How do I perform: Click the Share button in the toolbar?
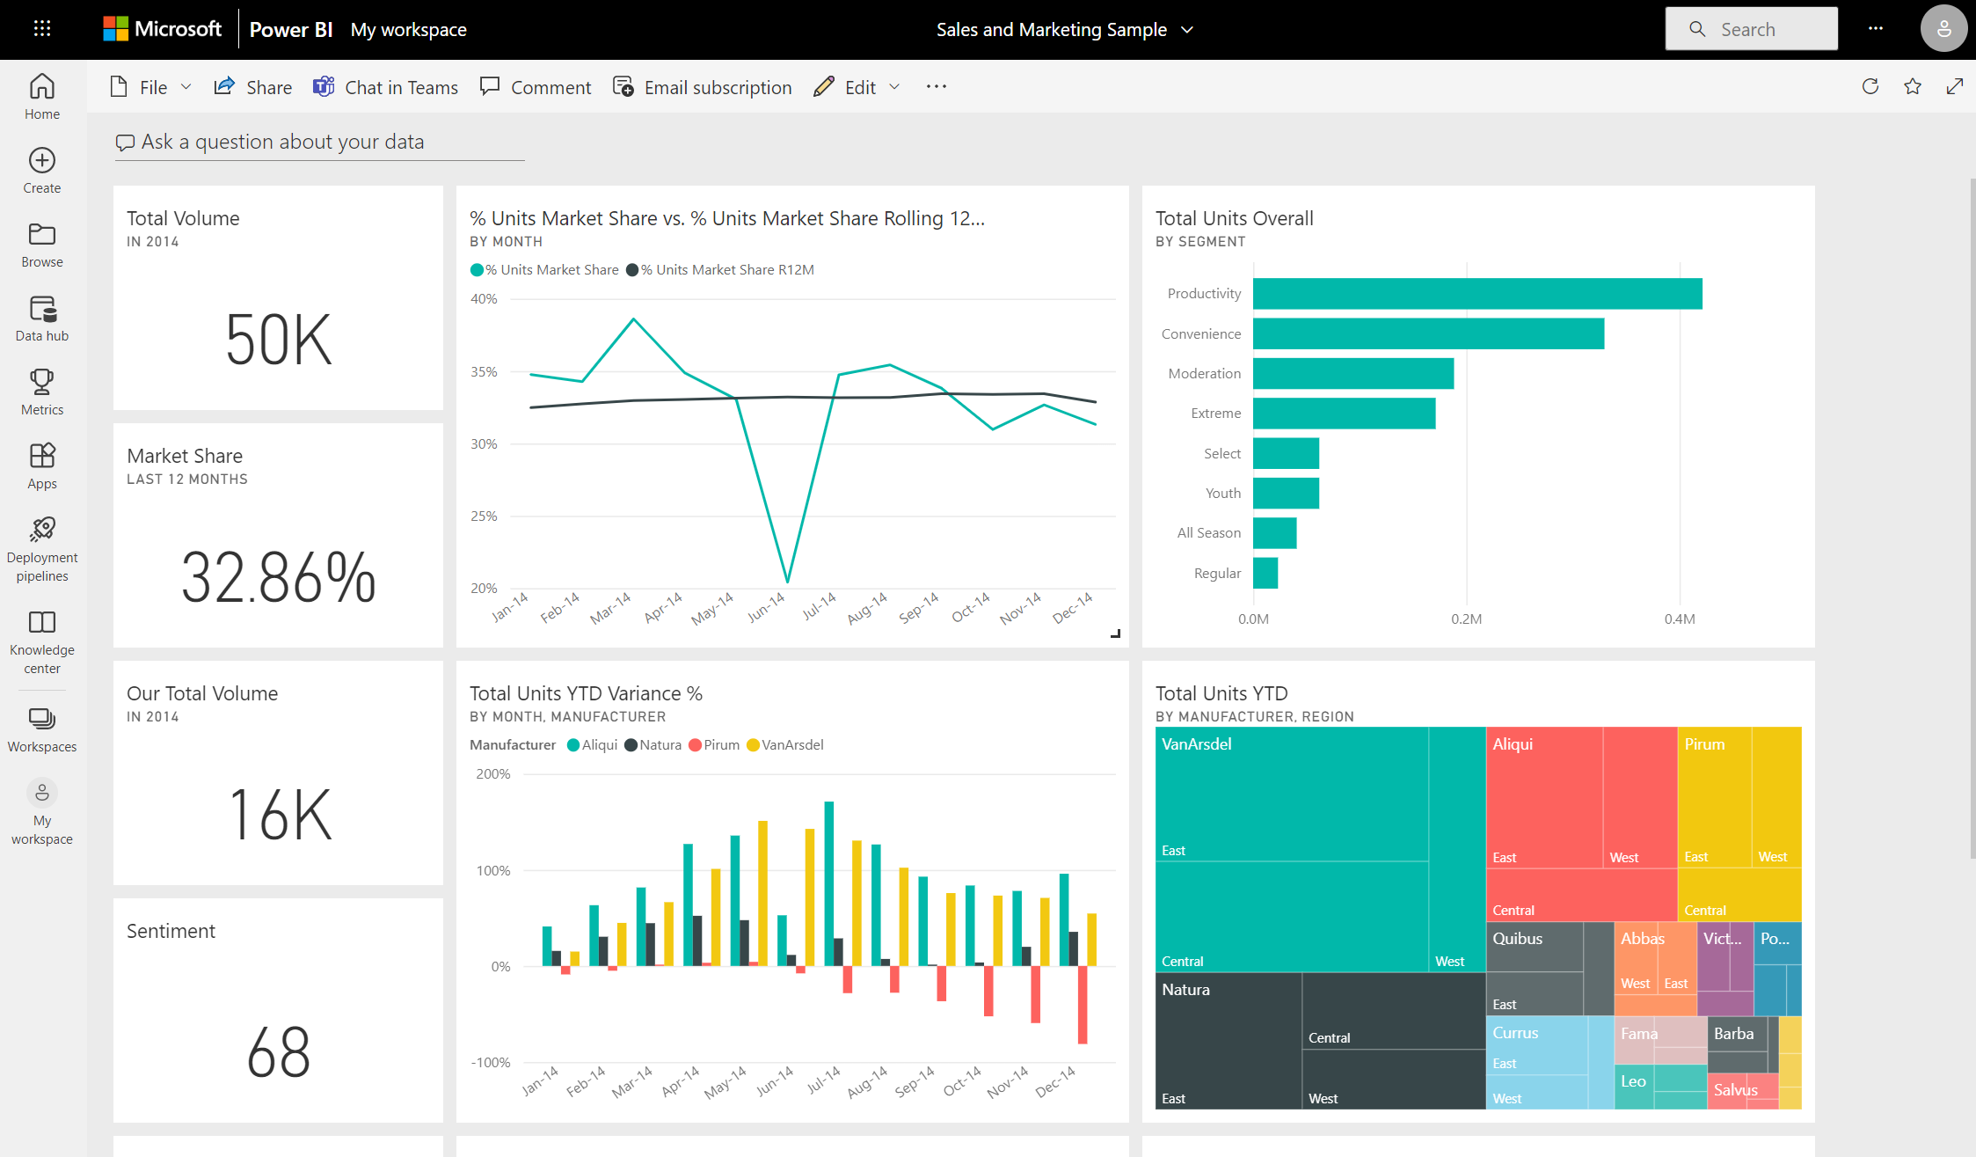253,87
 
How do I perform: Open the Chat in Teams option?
386,87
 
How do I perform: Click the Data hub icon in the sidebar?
42,311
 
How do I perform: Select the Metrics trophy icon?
42,383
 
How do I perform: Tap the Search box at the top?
1750,29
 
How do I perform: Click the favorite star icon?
1912,86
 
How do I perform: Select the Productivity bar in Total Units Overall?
1477,294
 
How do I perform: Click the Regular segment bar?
1265,573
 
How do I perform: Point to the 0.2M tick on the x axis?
1466,619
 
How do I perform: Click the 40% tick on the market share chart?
484,299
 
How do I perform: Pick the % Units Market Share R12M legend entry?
721,270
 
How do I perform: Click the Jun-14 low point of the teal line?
787,581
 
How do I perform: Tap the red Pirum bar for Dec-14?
1083,1005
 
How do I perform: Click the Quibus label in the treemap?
1517,939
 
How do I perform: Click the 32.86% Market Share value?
278,578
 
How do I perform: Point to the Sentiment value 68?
278,1052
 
